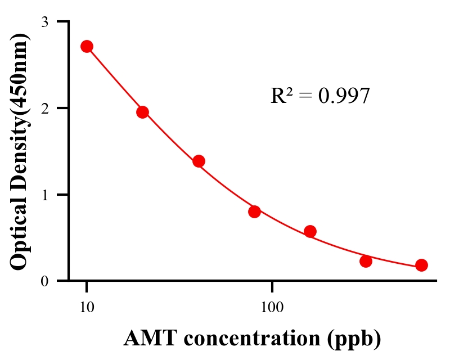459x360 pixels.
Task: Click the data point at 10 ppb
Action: click(x=87, y=46)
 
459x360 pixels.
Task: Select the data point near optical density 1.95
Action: click(x=142, y=112)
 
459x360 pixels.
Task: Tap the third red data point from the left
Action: click(x=199, y=161)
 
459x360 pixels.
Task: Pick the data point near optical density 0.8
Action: click(x=254, y=211)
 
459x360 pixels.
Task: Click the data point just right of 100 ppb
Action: click(x=310, y=231)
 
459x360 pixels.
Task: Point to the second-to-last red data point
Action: click(x=366, y=261)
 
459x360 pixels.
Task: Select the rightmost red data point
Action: click(x=421, y=265)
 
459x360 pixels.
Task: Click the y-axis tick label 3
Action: click(x=44, y=22)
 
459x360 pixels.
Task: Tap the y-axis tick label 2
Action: click(x=44, y=108)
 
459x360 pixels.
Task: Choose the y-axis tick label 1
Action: click(x=44, y=195)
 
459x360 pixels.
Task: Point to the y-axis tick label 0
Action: click(x=44, y=281)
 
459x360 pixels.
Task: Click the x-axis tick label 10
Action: click(x=87, y=308)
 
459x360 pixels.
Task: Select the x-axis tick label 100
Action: click(x=272, y=308)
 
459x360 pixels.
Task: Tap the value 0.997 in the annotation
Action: click(x=344, y=96)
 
